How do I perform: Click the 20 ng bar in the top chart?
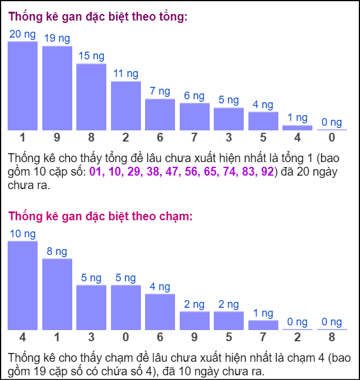[22, 85]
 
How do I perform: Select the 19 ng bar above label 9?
[57, 88]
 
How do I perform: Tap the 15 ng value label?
[91, 56]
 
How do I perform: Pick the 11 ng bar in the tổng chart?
[126, 105]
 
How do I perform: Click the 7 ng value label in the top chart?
[160, 92]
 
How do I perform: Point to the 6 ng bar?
[194, 116]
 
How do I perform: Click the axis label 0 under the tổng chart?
[332, 138]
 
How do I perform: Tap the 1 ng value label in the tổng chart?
[297, 118]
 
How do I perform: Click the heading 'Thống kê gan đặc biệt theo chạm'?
[100, 217]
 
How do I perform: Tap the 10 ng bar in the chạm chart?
[22, 285]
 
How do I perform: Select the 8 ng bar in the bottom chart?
[57, 294]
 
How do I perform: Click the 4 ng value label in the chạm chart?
[160, 287]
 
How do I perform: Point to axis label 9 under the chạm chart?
[194, 338]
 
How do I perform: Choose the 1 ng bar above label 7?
[263, 325]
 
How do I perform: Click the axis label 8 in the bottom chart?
[332, 338]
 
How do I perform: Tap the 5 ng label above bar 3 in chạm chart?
[91, 278]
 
